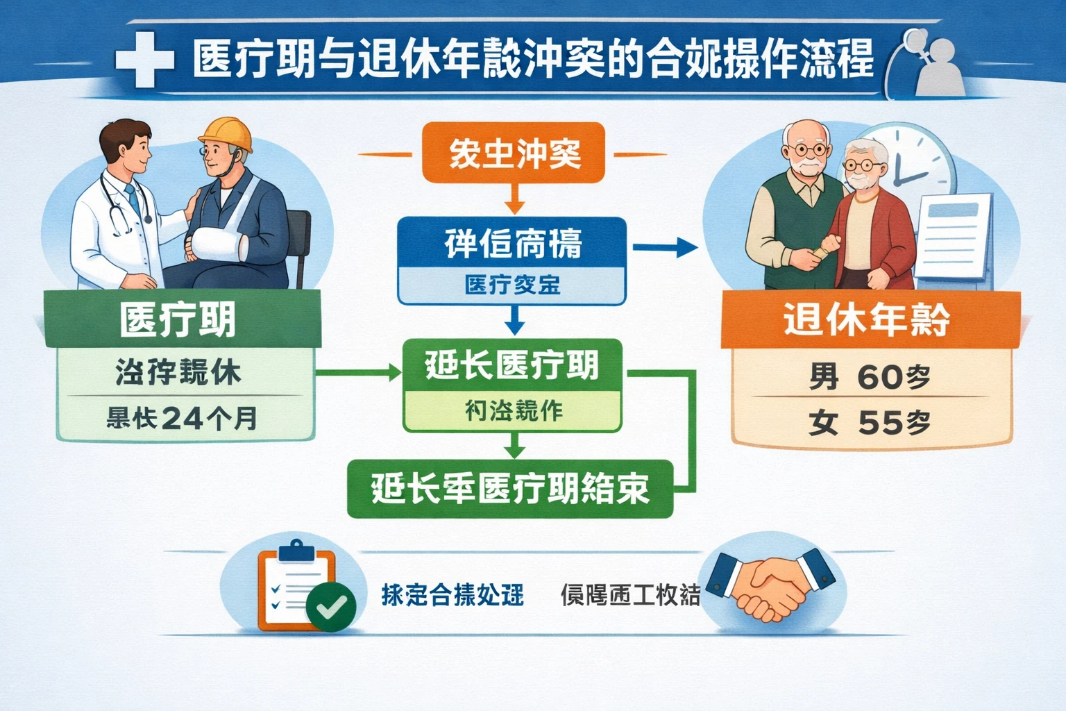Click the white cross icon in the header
tap(144, 59)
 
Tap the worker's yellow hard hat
tap(226, 133)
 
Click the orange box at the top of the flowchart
tap(514, 153)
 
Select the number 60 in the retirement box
tap(879, 377)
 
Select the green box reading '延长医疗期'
tap(512, 365)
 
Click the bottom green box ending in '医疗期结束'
tap(510, 489)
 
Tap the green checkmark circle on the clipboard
tap(331, 607)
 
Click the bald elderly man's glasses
tap(809, 149)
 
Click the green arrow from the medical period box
tap(358, 373)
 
